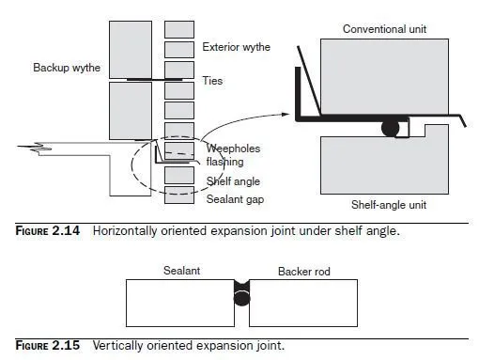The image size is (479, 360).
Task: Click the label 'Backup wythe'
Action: [67, 68]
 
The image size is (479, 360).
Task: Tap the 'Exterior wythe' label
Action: [236, 47]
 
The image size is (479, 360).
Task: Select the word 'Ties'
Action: [212, 81]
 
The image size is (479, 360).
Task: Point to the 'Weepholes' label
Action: [233, 149]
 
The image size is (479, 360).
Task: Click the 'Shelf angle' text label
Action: [233, 181]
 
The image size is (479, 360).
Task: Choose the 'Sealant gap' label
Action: [235, 199]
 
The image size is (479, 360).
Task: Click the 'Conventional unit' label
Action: [384, 29]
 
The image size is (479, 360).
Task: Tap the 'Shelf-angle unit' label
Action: [389, 205]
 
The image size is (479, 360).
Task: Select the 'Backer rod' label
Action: [304, 272]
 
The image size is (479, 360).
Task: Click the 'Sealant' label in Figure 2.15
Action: [181, 271]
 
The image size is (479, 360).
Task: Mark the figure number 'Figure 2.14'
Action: [48, 231]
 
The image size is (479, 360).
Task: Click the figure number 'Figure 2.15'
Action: [48, 346]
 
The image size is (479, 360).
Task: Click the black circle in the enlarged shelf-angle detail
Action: [391, 128]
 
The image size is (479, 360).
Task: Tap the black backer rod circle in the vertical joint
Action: [241, 298]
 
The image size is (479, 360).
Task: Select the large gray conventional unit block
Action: [384, 77]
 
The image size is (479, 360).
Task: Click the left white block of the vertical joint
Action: [180, 303]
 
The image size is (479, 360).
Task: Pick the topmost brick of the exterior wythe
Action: [179, 29]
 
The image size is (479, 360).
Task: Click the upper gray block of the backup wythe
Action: [131, 50]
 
